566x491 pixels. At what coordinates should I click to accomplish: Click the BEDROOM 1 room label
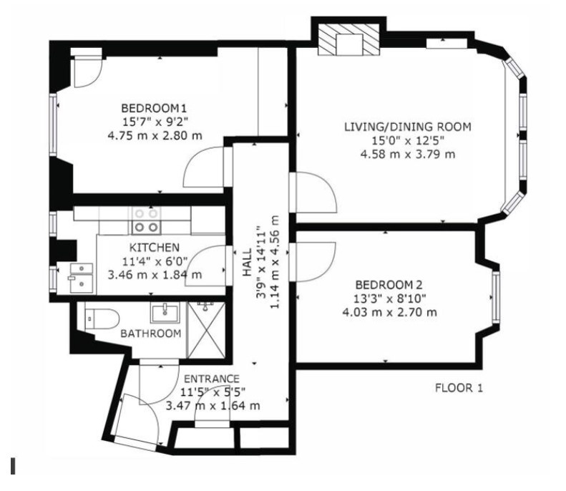click(154, 108)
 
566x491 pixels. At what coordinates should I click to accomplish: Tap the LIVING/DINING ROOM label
click(408, 127)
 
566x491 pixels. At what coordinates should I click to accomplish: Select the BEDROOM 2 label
click(389, 285)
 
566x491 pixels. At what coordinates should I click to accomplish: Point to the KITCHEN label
click(154, 248)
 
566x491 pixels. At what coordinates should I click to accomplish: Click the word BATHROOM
click(150, 334)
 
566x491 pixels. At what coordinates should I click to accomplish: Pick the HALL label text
click(247, 262)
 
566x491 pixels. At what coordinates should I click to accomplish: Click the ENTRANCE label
click(212, 379)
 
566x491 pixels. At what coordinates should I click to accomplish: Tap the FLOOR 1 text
click(459, 388)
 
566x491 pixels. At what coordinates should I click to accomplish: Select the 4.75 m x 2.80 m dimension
click(155, 136)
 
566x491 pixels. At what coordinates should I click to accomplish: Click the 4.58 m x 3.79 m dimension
click(408, 154)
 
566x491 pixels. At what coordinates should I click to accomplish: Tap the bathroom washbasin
click(165, 313)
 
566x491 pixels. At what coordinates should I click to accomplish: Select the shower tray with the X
click(206, 330)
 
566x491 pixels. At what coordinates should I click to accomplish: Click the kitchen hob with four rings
click(146, 220)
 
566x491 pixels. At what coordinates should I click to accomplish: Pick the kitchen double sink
click(82, 278)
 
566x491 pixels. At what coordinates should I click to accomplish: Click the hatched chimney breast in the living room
click(348, 39)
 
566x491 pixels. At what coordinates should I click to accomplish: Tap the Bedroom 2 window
click(496, 298)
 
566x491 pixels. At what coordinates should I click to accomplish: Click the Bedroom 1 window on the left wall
click(54, 125)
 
